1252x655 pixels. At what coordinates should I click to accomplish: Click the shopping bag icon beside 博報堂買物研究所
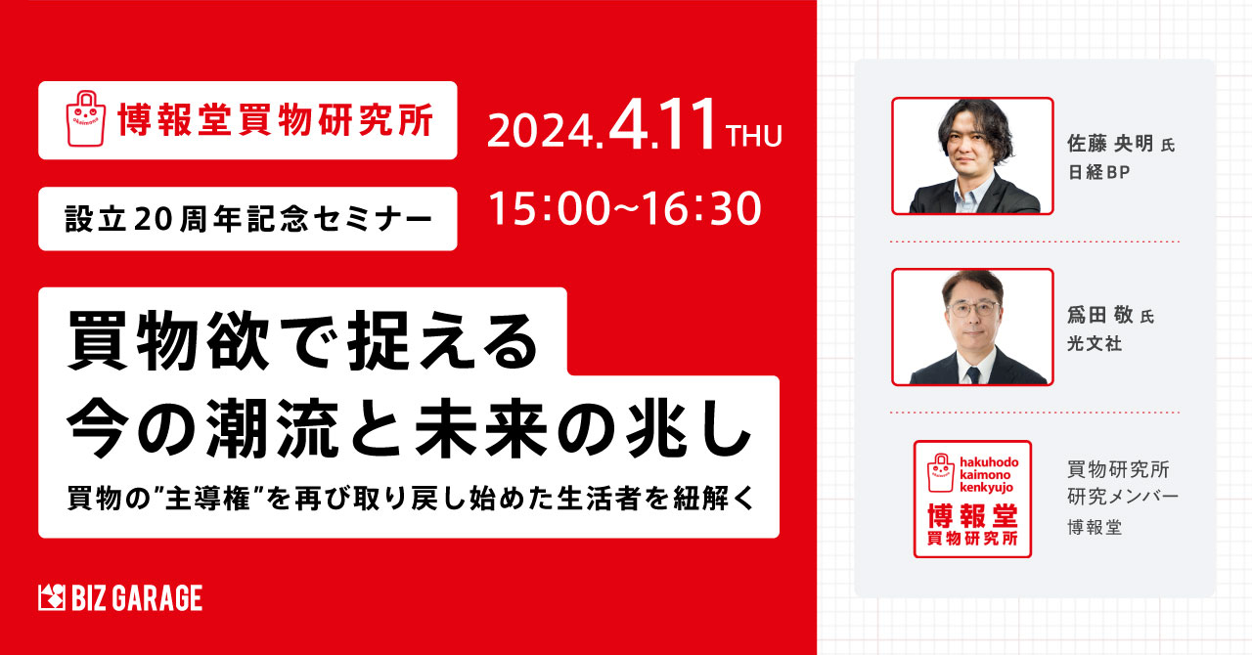(85, 118)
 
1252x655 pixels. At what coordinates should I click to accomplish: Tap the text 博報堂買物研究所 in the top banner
(276, 119)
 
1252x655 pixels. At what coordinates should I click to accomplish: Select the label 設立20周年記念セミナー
(248, 219)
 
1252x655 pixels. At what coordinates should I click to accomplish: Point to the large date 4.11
(662, 124)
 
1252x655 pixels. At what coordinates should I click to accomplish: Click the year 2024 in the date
(540, 132)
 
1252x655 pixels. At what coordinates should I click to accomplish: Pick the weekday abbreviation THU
(753, 137)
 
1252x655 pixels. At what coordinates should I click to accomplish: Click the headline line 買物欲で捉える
(302, 341)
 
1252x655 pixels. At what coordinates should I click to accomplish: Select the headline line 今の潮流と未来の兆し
(409, 430)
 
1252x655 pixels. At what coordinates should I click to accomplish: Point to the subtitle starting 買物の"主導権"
(411, 498)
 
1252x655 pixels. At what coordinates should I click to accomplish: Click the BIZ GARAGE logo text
(137, 598)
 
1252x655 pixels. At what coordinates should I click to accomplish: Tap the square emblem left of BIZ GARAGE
(52, 598)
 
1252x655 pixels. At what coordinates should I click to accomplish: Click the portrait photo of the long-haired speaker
(972, 155)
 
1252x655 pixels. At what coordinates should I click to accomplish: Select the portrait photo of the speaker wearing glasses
(972, 327)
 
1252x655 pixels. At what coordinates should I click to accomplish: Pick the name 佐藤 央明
(1110, 144)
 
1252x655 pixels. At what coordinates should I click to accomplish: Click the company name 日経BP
(1098, 172)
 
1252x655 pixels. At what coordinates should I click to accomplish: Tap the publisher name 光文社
(1095, 343)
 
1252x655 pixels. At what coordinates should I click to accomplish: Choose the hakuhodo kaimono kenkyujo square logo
(972, 500)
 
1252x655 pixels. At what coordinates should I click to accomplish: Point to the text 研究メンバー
(1123, 497)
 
